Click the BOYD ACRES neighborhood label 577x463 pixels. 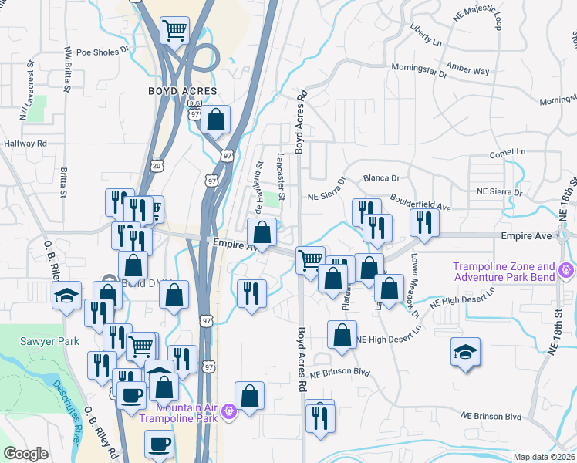click(182, 91)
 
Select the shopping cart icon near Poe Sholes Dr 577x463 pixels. click(175, 32)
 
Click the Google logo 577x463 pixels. click(25, 454)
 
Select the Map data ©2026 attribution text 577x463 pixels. click(544, 457)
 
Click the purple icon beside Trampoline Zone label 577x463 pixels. click(566, 270)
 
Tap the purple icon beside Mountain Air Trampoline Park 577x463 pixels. click(228, 414)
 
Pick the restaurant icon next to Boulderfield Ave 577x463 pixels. click(425, 221)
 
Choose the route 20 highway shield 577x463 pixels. click(157, 165)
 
